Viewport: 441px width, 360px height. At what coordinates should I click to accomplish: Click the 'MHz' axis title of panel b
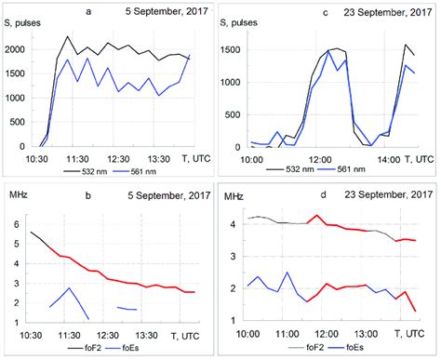coord(17,197)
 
